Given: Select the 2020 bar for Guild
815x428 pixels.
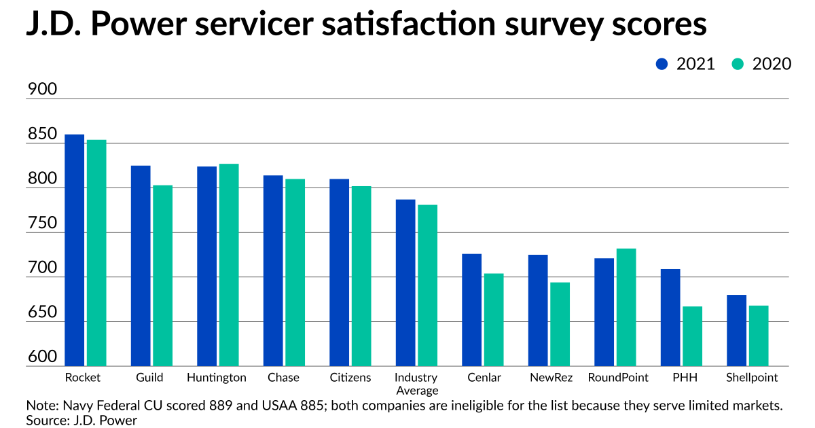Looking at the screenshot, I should click(162, 276).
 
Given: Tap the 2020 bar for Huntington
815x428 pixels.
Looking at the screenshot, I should click(229, 265).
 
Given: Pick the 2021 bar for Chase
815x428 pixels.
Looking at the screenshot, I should click(273, 271).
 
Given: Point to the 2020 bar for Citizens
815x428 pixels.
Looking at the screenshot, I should click(361, 276).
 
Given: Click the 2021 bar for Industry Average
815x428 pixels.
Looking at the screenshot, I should click(405, 283).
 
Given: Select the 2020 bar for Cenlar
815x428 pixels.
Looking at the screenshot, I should click(494, 320).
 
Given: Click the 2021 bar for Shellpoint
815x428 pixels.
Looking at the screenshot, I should click(736, 330).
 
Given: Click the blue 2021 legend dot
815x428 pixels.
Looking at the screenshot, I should click(662, 64).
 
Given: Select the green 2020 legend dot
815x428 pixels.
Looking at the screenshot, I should click(738, 64).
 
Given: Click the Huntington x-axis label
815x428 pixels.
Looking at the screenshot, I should click(217, 378).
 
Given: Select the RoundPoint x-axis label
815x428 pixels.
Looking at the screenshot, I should click(618, 378).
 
